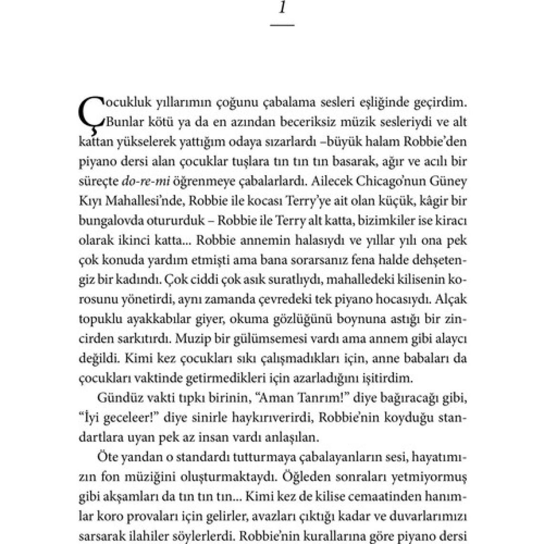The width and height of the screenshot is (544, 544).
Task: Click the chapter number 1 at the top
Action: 282,8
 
